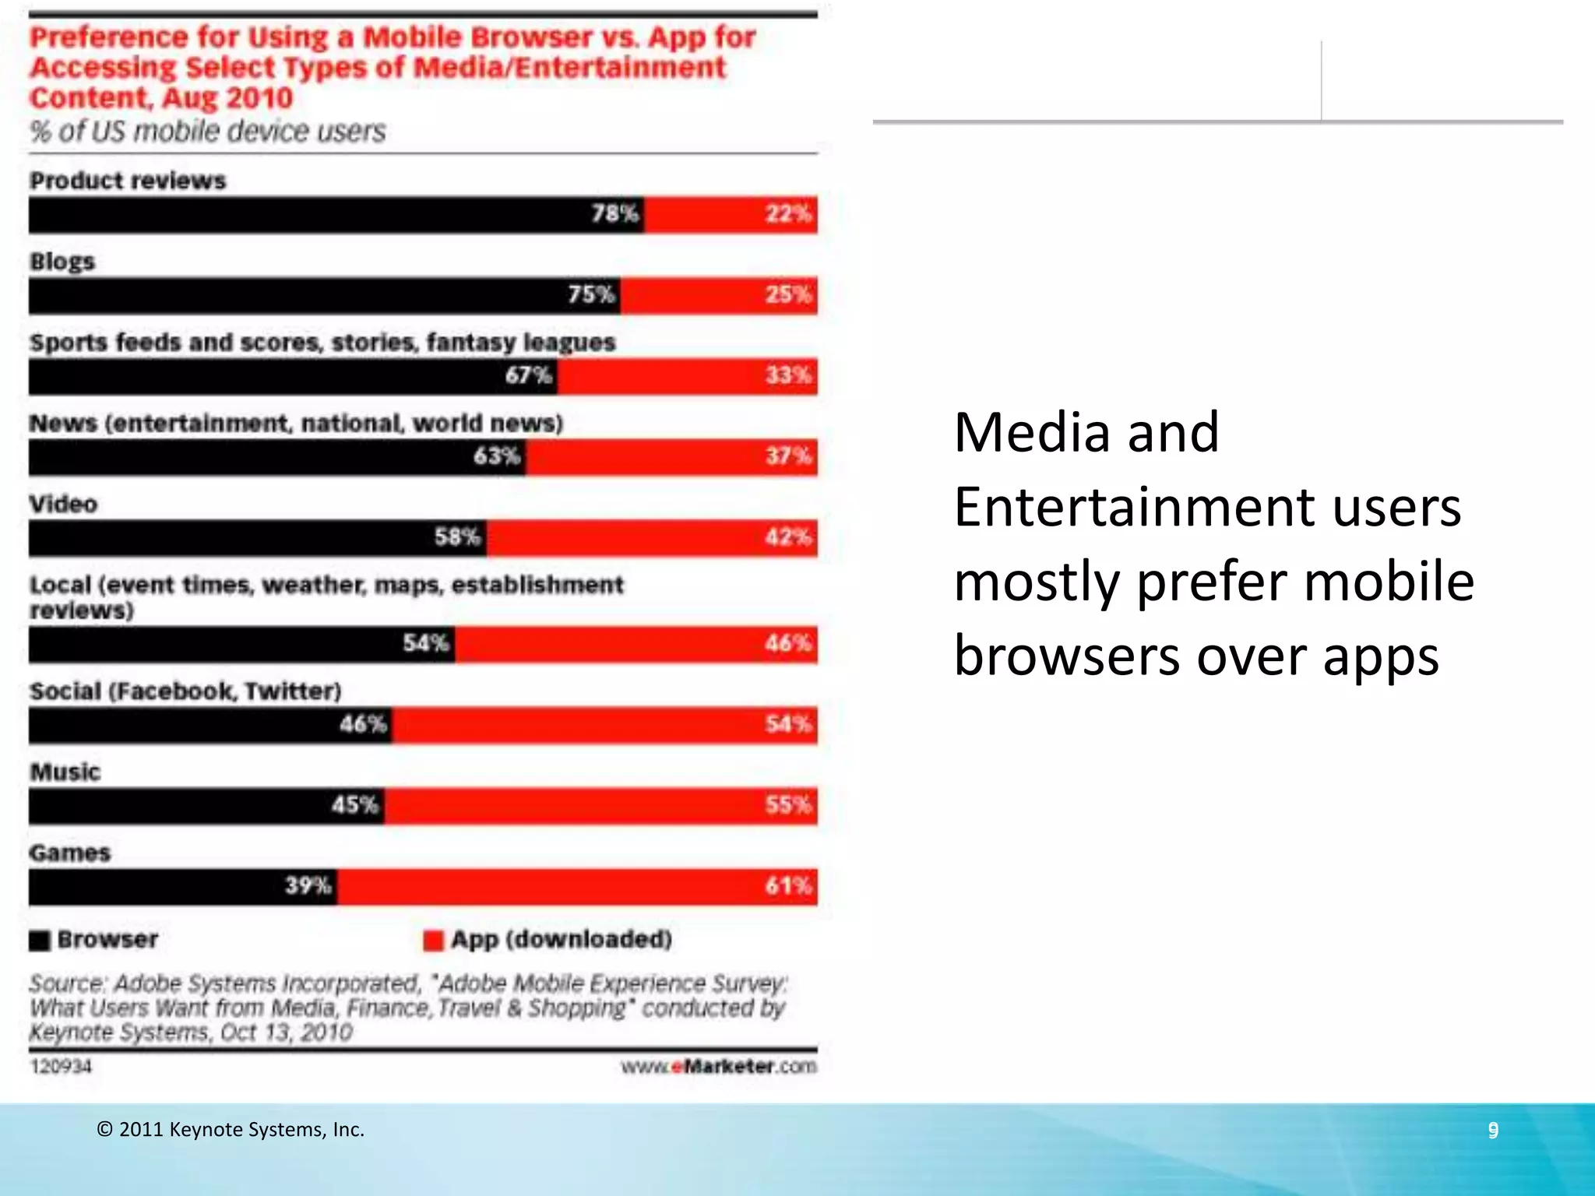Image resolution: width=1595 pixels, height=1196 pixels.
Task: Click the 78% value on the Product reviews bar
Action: click(x=614, y=213)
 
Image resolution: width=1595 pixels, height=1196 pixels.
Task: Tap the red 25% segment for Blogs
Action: click(x=718, y=295)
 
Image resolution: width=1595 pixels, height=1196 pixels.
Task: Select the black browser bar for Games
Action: click(x=182, y=886)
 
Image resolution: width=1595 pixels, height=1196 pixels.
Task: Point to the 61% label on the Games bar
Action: click(x=787, y=886)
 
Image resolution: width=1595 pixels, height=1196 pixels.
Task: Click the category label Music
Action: click(x=65, y=772)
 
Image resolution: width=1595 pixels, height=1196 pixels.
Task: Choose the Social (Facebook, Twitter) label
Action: click(x=185, y=691)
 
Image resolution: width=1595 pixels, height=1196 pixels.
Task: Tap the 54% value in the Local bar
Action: click(x=425, y=643)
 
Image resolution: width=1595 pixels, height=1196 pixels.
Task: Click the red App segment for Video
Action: click(x=651, y=537)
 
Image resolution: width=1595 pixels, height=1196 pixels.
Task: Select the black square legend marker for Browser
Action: click(x=40, y=941)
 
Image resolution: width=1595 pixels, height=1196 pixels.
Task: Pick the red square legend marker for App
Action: click(x=433, y=941)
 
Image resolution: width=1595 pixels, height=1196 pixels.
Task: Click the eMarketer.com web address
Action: click(x=718, y=1067)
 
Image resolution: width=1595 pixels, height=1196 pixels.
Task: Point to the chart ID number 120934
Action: click(x=61, y=1067)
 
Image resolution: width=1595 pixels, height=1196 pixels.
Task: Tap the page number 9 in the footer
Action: click(x=1493, y=1130)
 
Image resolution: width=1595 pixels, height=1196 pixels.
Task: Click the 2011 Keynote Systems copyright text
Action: click(x=231, y=1130)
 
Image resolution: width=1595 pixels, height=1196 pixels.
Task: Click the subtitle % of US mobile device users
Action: click(x=207, y=132)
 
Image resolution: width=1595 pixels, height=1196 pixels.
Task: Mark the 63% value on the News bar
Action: click(x=497, y=456)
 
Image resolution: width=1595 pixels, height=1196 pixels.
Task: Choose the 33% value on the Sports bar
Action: click(x=787, y=375)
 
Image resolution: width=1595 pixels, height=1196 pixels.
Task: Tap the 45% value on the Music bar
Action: click(x=354, y=805)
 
